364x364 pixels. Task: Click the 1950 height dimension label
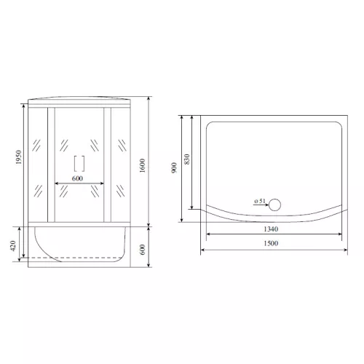[19, 157]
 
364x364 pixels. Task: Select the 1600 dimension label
[143, 165]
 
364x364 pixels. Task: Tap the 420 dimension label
[13, 246]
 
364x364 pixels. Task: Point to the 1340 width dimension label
[271, 229]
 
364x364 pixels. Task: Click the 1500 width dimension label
[271, 243]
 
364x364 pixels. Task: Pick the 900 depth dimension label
[174, 167]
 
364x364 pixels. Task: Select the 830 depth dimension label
[187, 159]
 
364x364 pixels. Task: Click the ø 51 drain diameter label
[260, 201]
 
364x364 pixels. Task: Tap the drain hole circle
[275, 205]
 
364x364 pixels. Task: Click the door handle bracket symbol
[79, 164]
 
